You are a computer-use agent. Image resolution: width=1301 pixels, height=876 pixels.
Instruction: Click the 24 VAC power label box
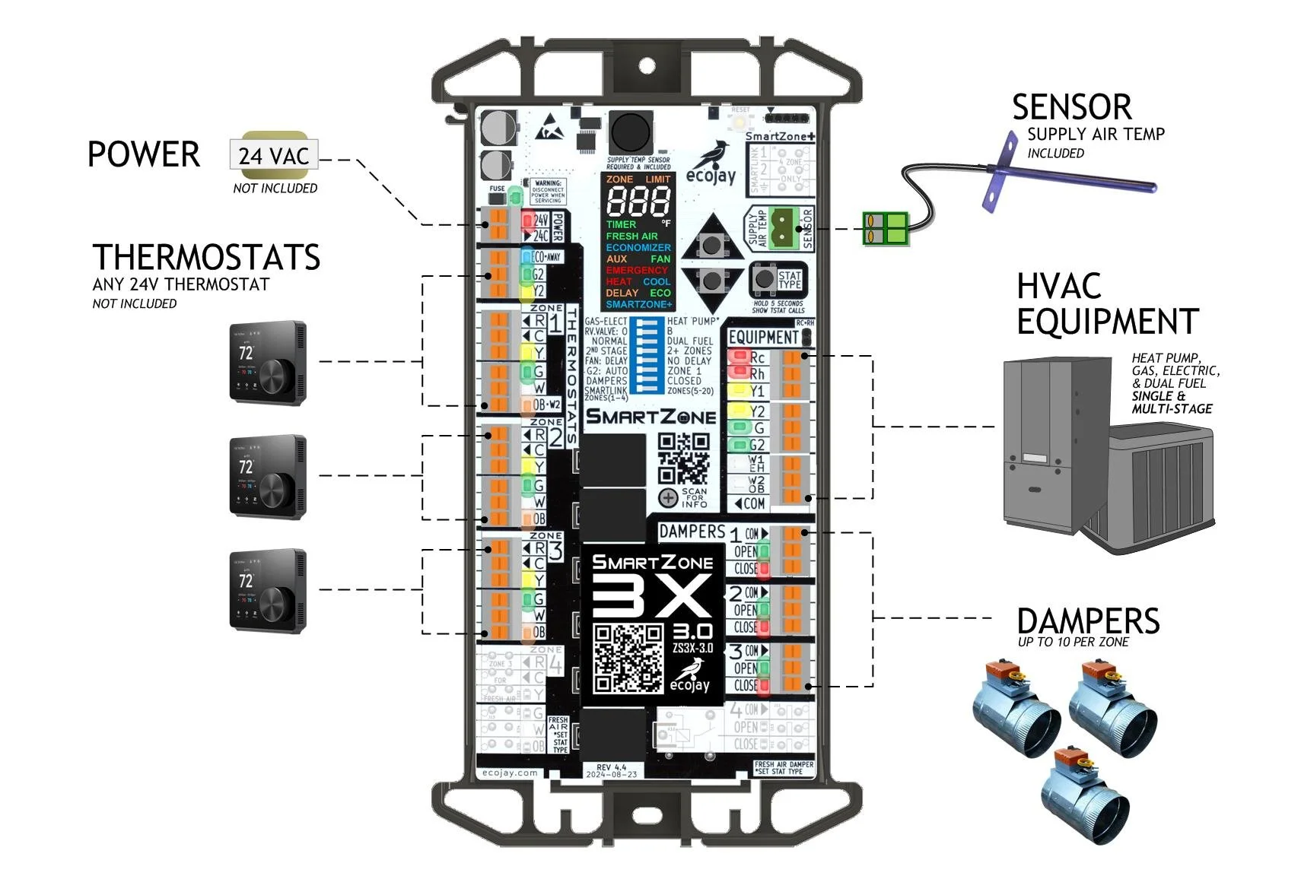(273, 155)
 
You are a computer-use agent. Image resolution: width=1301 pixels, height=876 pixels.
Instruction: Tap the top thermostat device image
(268, 363)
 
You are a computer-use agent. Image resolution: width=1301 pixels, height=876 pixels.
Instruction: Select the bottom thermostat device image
(268, 591)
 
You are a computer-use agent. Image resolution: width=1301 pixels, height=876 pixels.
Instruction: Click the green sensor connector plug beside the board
(886, 228)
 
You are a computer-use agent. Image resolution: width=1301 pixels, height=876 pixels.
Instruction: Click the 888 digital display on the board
(638, 202)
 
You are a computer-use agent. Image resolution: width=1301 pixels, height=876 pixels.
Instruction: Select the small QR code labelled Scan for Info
(683, 459)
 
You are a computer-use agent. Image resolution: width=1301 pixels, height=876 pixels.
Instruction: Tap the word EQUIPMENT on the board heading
(763, 337)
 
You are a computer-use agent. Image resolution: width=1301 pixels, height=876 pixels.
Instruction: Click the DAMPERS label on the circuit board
(691, 532)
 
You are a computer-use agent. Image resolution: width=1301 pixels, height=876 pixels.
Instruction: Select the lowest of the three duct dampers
(1084, 795)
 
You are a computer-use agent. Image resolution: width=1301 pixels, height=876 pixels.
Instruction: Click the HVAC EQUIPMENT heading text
(1106, 304)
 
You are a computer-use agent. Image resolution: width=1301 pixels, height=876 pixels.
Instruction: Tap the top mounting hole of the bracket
(647, 65)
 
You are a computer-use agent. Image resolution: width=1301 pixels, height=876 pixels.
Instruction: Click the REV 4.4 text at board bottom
(611, 767)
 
